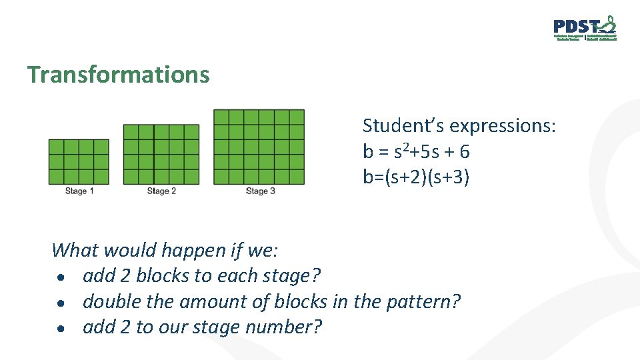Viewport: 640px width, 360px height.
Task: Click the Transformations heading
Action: tap(118, 75)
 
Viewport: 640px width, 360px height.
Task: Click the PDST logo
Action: tap(585, 28)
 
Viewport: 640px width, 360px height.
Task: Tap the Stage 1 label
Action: tap(79, 191)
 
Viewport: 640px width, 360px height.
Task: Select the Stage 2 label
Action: tap(161, 191)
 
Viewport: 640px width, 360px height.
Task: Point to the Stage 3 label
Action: tap(261, 191)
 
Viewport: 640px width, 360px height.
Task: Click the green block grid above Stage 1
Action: tap(79, 161)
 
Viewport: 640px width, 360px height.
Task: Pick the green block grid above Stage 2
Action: tap(161, 154)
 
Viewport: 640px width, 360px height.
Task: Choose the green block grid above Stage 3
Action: tap(259, 147)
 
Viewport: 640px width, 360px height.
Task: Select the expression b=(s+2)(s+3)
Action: tap(416, 178)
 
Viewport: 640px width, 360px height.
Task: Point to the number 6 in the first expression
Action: tap(464, 152)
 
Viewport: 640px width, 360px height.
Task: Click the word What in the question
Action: tap(75, 251)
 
